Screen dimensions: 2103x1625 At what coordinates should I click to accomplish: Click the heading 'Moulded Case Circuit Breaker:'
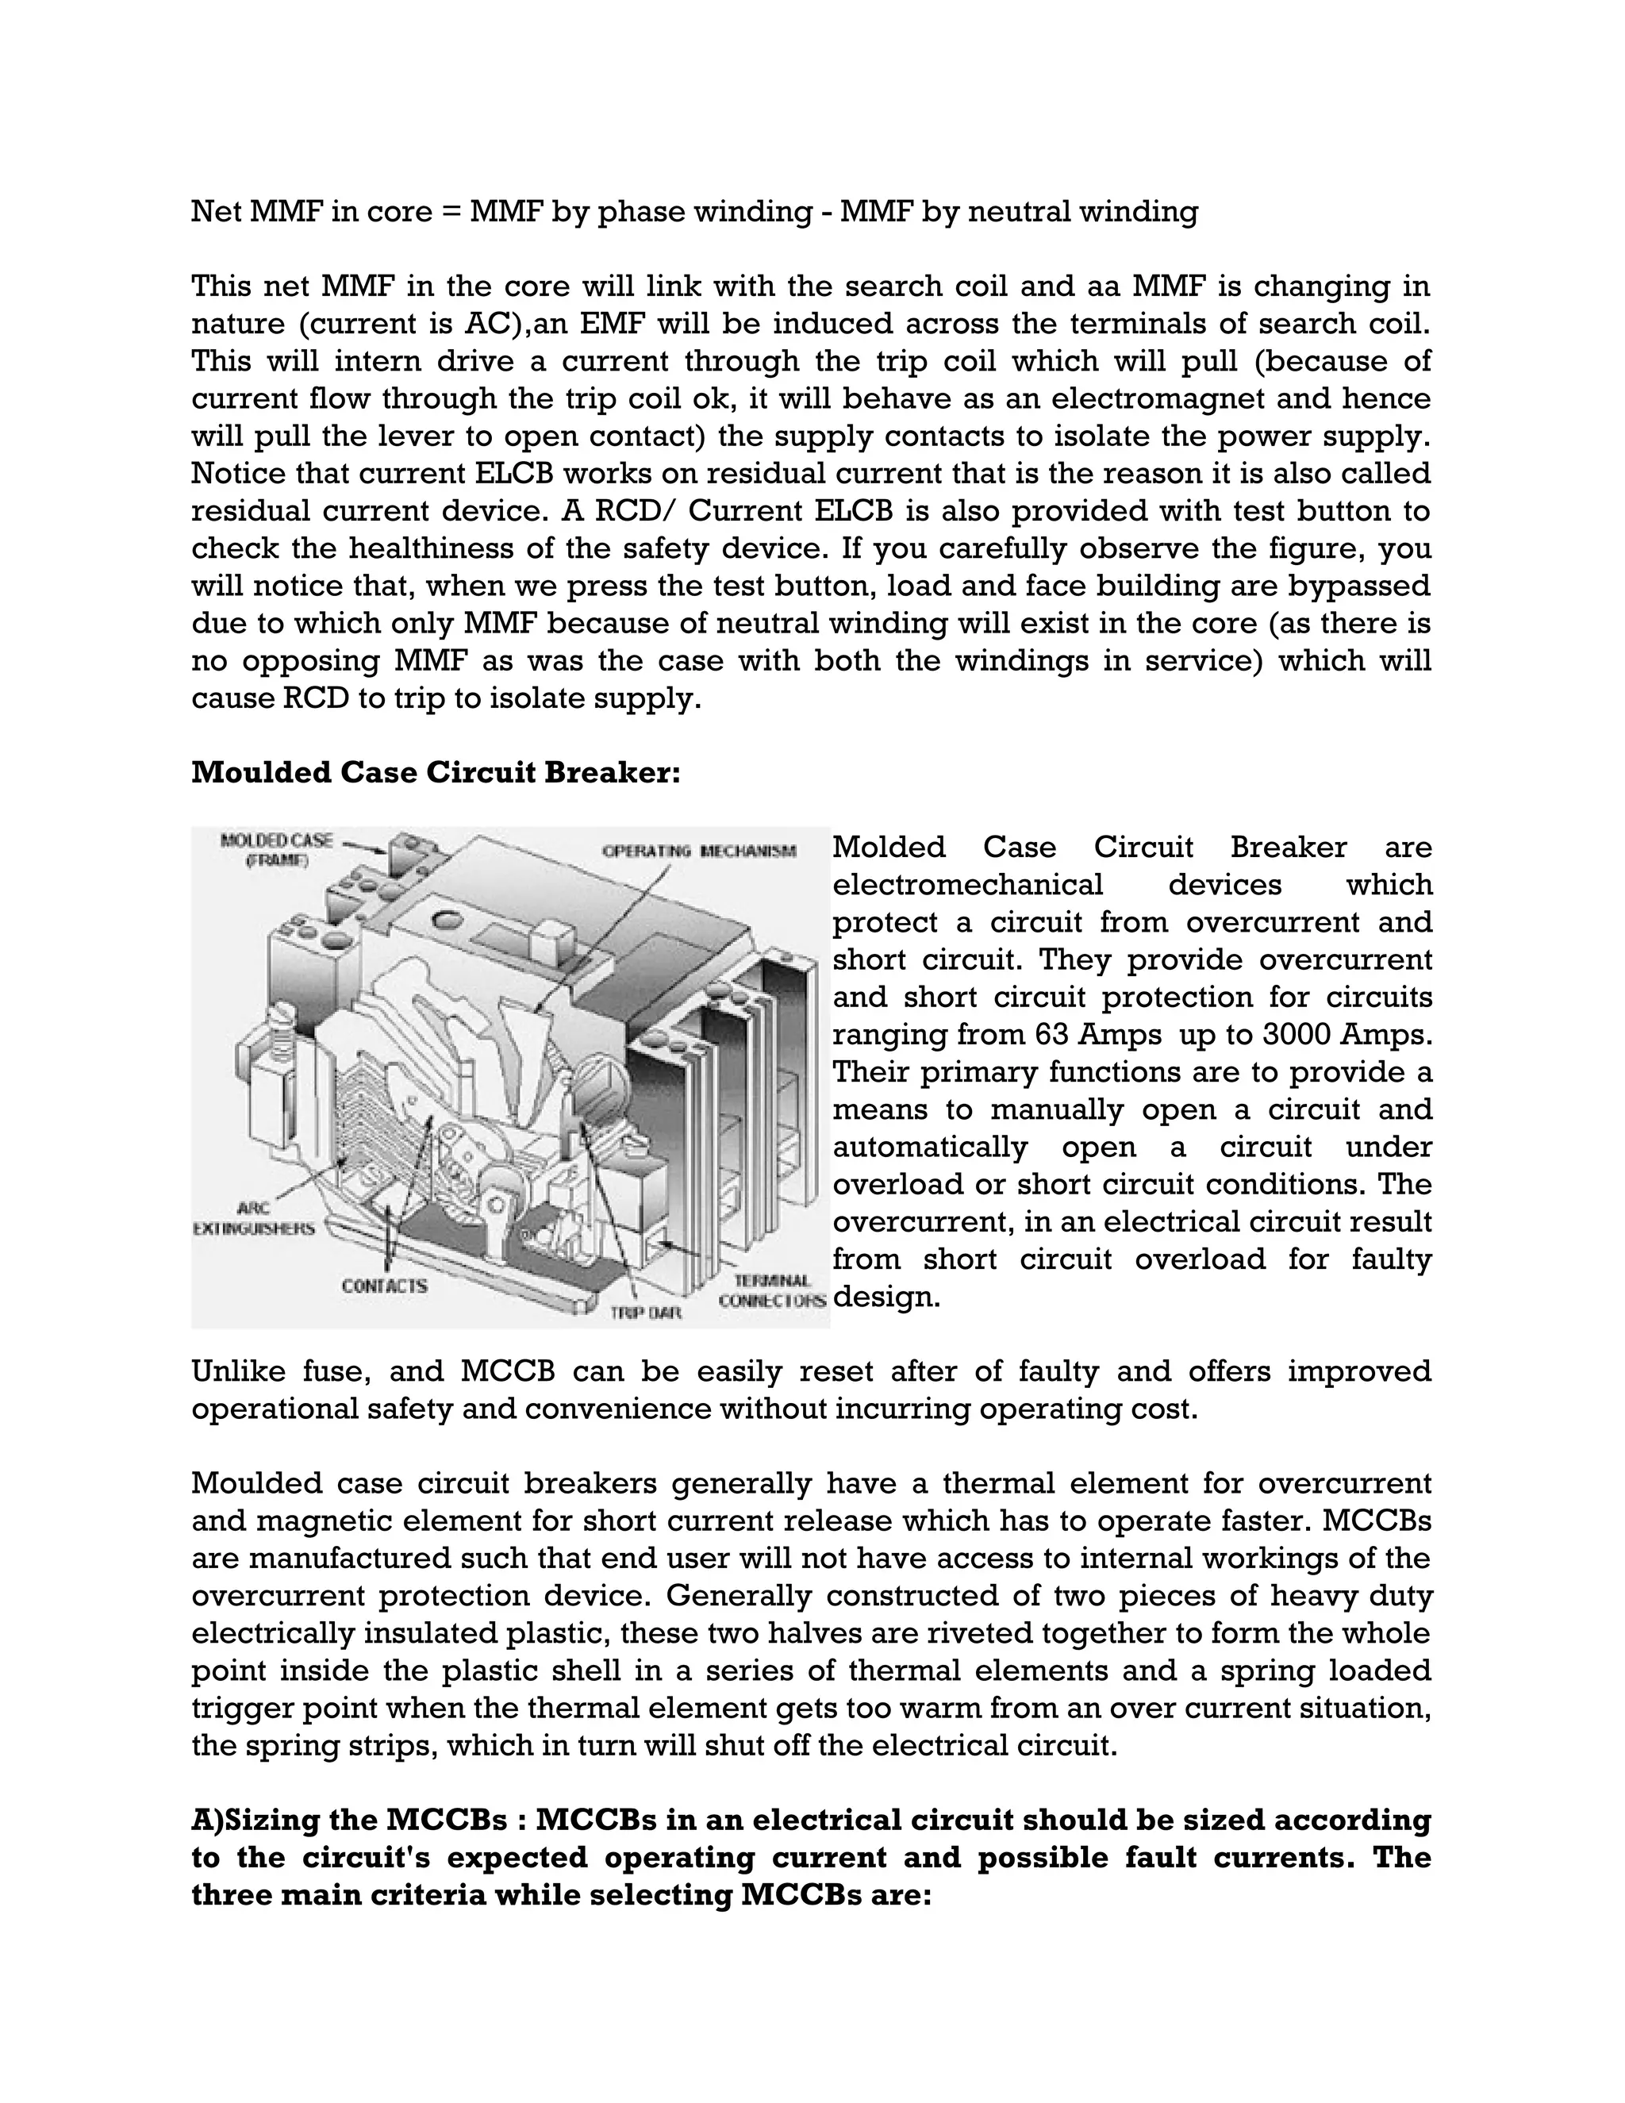(435, 773)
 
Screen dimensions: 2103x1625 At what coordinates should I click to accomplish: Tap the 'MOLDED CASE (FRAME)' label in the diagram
(276, 850)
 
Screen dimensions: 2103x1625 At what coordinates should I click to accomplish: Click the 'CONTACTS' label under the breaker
(384, 1286)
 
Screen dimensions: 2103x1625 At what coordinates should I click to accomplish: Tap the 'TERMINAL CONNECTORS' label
(772, 1291)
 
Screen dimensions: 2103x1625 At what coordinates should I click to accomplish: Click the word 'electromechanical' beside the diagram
(966, 885)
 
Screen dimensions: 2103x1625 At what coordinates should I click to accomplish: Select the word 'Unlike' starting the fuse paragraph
(234, 1371)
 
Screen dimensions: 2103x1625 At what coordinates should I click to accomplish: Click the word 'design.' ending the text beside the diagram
(885, 1297)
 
